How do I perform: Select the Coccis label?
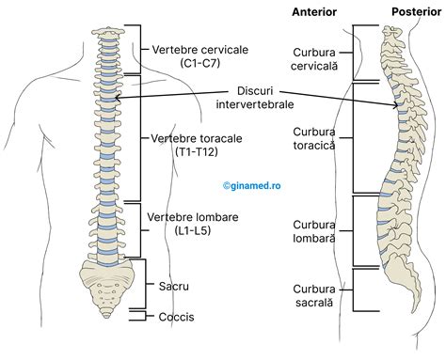point(176,318)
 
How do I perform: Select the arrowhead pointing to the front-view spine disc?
point(115,96)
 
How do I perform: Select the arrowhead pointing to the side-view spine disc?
point(400,109)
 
